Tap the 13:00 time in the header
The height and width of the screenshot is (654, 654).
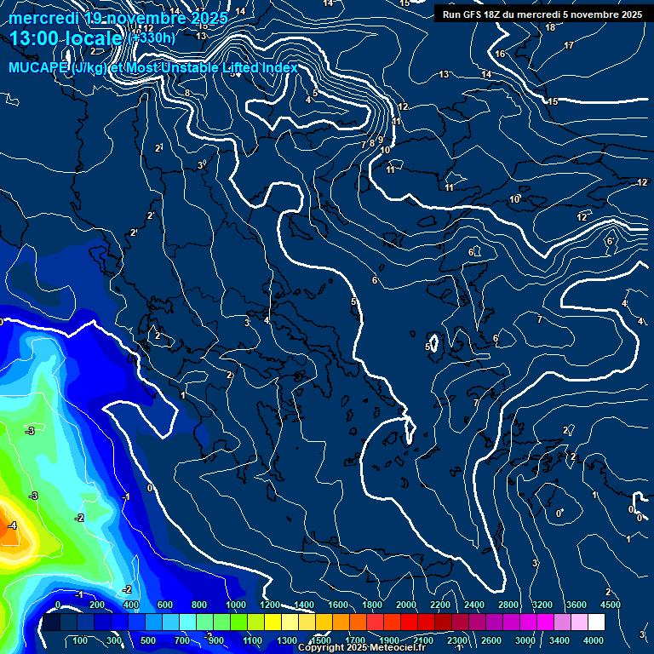pyautogui.click(x=38, y=38)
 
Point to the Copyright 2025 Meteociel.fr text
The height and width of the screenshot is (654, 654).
pyautogui.click(x=361, y=648)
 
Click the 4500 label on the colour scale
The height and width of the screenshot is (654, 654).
pyautogui.click(x=611, y=605)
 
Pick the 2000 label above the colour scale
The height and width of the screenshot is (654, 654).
pyautogui.click(x=406, y=605)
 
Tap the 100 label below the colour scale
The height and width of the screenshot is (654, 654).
pyautogui.click(x=81, y=640)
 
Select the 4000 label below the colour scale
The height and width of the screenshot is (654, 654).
pyautogui.click(x=594, y=640)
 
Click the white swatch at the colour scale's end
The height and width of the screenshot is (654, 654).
pyautogui.click(x=596, y=622)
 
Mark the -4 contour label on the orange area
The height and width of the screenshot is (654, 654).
pyautogui.click(x=12, y=526)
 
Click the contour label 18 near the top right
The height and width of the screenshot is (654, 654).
pyautogui.click(x=550, y=27)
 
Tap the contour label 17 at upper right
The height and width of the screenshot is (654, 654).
pyautogui.click(x=569, y=45)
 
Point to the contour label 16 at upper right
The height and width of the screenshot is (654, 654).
pyautogui.click(x=500, y=54)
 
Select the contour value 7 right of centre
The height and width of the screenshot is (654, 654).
pyautogui.click(x=539, y=320)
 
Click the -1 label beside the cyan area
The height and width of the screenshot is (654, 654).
pyautogui.click(x=125, y=496)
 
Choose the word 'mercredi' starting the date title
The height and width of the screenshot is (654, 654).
pyautogui.click(x=43, y=18)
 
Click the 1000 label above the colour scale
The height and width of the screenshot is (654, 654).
pyautogui.click(x=236, y=605)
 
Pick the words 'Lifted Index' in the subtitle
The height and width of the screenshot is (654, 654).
pyautogui.click(x=255, y=68)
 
